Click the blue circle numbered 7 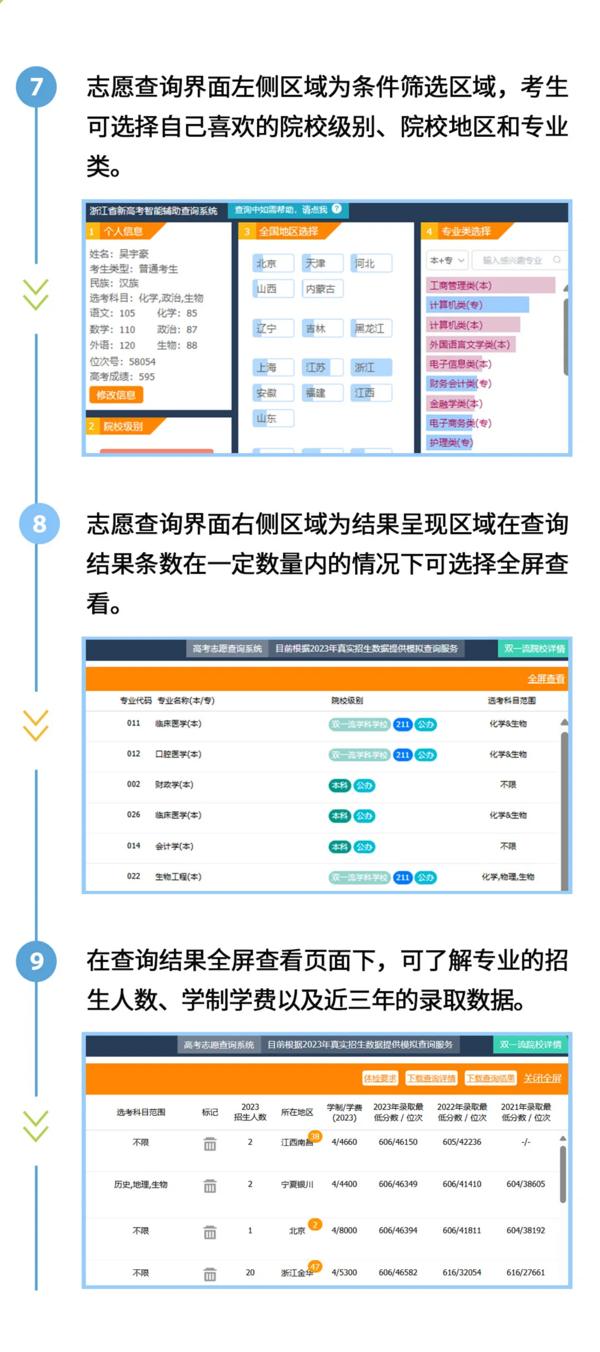36,87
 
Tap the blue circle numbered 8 39,523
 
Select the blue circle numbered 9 36,961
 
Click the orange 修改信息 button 116,395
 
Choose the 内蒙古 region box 322,289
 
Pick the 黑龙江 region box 371,328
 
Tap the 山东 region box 273,418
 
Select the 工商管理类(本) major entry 491,286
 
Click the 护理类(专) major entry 451,443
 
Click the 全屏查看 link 546,679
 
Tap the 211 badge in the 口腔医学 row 403,754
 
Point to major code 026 133,814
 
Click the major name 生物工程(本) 178,877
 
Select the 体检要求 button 380,1078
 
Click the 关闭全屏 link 542,1078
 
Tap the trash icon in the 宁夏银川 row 210,1186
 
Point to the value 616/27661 526,1272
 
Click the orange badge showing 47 315,1266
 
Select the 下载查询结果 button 491,1078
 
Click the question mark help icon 337,209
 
